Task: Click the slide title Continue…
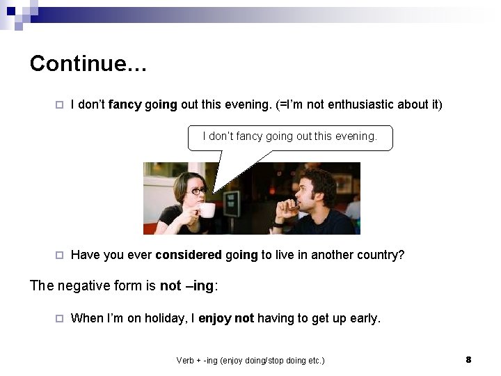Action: pos(88,63)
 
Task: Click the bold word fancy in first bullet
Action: pos(125,105)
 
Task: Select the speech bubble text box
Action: pos(290,137)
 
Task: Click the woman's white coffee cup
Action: pos(207,210)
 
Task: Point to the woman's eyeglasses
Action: pos(197,190)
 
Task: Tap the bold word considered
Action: pos(189,255)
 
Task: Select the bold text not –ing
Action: pos(187,285)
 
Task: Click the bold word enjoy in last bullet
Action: pos(215,318)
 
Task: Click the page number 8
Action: pos(468,359)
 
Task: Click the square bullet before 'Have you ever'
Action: pos(60,256)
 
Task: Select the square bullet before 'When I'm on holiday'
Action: pos(60,319)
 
